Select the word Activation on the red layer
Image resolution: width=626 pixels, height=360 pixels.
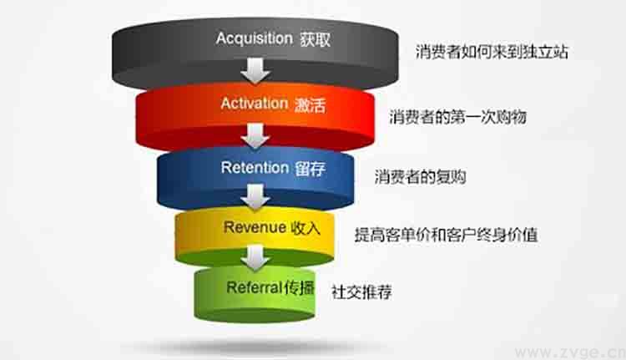pos(254,104)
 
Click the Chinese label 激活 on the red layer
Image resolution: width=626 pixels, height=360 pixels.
pos(309,104)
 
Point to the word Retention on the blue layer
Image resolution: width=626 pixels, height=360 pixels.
pos(254,167)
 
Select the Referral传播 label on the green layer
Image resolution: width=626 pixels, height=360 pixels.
pos(270,287)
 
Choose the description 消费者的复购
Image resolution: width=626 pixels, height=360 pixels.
pos(420,176)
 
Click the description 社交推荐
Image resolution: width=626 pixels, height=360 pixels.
pos(362,292)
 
